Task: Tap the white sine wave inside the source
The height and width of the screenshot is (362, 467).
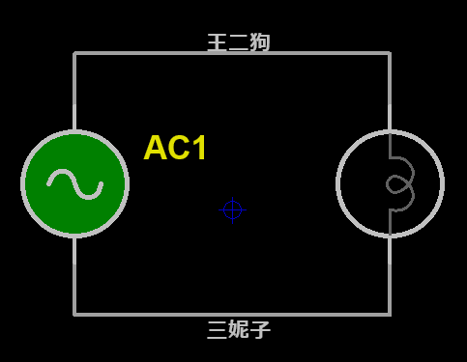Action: tap(74, 183)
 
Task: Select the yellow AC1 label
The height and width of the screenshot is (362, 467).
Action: tap(175, 148)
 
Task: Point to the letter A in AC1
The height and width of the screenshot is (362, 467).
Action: tap(156, 148)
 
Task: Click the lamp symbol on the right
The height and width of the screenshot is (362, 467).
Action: tap(390, 183)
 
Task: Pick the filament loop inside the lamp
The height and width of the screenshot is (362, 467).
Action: tap(399, 183)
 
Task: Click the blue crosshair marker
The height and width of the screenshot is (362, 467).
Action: tap(232, 209)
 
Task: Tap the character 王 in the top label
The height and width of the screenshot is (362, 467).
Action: tap(218, 42)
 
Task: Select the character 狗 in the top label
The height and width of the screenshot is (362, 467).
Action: tap(260, 42)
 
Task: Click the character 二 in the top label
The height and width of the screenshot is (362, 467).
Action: tap(239, 42)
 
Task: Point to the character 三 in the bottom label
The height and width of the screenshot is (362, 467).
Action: tap(218, 329)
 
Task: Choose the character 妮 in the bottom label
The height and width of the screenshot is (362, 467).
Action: tap(239, 329)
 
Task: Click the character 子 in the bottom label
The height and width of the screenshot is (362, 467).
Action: tap(260, 329)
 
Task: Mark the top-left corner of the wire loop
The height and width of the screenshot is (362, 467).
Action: tap(74, 53)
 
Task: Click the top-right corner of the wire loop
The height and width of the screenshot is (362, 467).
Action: tap(390, 53)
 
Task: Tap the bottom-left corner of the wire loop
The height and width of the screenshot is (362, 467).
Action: tap(74, 314)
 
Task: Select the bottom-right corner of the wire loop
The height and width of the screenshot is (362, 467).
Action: tap(390, 314)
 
